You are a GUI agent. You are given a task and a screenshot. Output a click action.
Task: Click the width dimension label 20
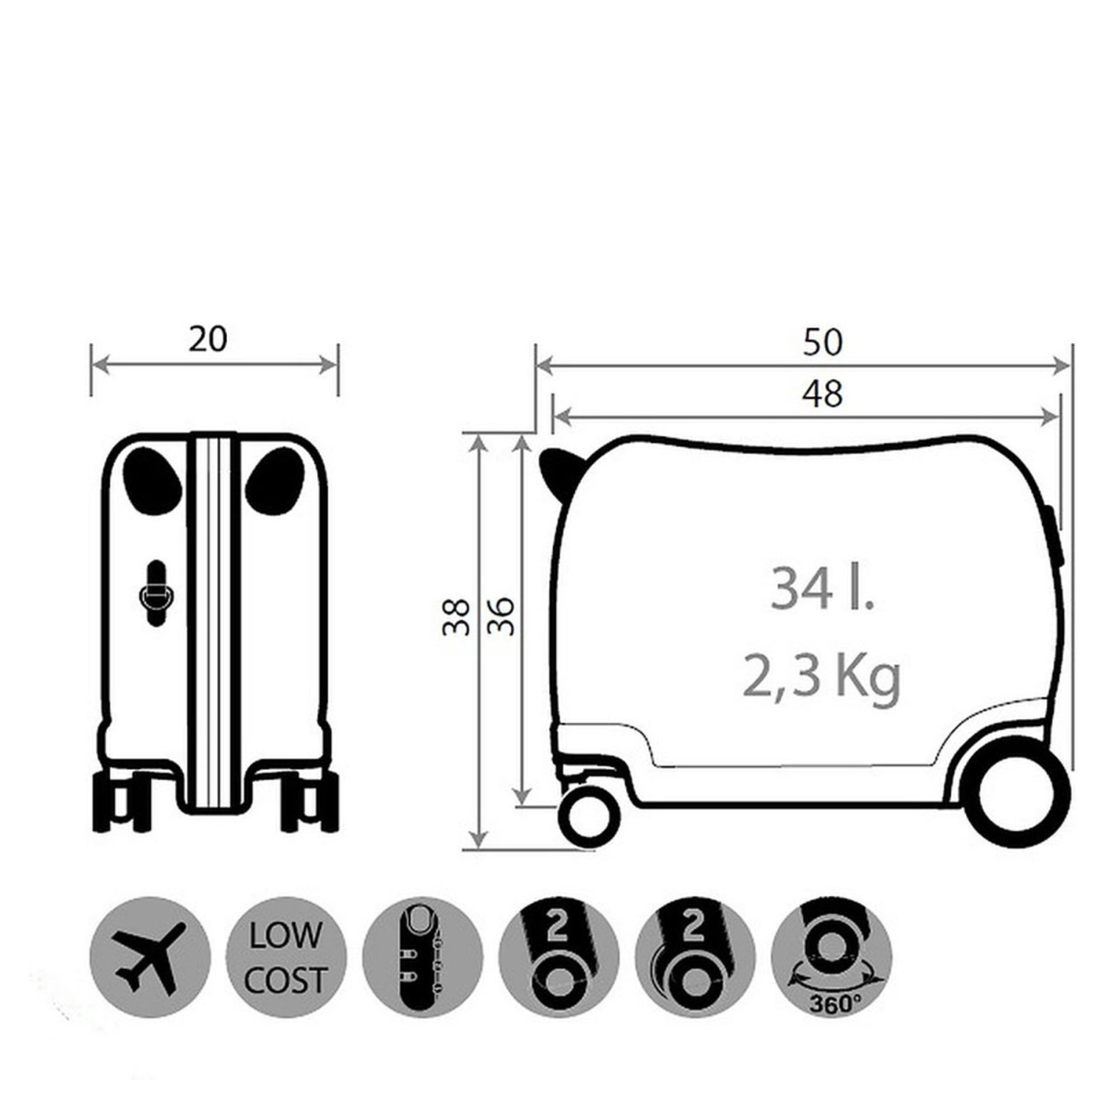point(208,339)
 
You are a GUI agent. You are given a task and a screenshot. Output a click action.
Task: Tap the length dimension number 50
point(821,343)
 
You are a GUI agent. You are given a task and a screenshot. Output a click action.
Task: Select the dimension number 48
point(821,394)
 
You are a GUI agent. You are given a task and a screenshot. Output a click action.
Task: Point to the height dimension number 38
point(456,617)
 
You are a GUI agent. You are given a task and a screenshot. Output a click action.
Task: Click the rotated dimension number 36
point(501,617)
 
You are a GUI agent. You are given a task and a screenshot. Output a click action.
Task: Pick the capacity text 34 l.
point(821,588)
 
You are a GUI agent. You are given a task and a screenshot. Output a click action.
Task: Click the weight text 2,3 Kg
point(821,677)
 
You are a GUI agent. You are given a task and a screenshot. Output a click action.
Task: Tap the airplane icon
point(150,957)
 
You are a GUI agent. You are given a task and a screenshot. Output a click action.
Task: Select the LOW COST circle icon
point(285,957)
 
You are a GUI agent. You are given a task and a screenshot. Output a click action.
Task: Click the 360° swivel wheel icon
point(832,957)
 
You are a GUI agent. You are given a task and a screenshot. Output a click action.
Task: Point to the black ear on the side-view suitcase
point(558,470)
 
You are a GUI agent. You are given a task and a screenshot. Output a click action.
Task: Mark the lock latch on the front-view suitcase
point(156,594)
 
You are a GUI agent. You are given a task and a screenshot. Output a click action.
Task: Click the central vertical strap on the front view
point(214,619)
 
